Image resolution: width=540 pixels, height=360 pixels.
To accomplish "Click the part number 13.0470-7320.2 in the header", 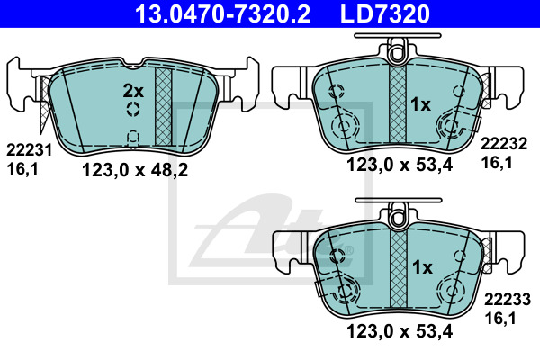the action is click(x=222, y=13).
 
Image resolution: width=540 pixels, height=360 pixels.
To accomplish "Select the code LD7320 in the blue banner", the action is click(x=385, y=13).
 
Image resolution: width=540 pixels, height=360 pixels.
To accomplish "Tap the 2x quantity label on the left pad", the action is click(x=133, y=91).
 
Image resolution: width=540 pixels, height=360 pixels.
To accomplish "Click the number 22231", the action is click(x=30, y=150).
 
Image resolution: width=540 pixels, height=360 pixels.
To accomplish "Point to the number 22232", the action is click(x=504, y=144).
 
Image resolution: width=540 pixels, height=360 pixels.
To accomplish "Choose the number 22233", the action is click(x=508, y=300).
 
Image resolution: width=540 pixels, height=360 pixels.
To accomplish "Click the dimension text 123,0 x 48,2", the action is click(x=135, y=170).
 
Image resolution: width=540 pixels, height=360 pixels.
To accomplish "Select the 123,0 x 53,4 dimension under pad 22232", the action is click(x=400, y=165).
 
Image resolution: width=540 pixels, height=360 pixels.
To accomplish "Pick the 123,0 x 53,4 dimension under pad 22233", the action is click(x=400, y=331).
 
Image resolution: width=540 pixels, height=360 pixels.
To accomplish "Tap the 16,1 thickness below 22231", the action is click(x=22, y=169).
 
